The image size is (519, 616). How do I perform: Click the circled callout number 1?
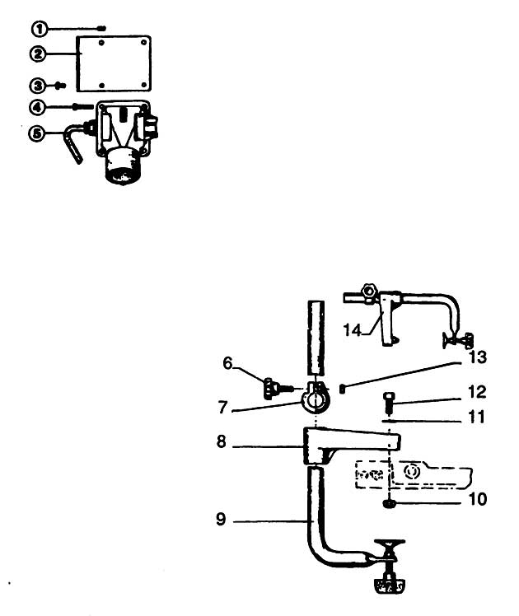[x=40, y=29]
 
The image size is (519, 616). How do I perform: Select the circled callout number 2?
[x=38, y=54]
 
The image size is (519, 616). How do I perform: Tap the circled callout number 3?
[x=38, y=86]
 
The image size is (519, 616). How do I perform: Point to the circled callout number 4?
[x=37, y=107]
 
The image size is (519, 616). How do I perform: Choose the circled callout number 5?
[x=36, y=133]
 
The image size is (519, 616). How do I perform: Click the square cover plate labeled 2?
[x=114, y=63]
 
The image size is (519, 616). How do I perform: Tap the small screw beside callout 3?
[x=60, y=85]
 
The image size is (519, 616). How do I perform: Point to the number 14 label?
[x=353, y=330]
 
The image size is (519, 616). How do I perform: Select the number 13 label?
[x=478, y=357]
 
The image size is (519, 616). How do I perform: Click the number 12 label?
[x=477, y=392]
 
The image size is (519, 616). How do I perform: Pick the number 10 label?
[x=478, y=499]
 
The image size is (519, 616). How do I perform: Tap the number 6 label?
[x=227, y=363]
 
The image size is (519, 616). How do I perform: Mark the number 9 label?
[x=222, y=519]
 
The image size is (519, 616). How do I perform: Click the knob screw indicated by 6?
[x=278, y=388]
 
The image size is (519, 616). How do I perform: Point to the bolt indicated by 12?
[x=387, y=402]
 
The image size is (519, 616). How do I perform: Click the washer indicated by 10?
[x=389, y=504]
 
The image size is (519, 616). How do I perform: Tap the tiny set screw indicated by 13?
[x=342, y=389]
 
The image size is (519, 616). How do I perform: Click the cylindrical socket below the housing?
[x=122, y=166]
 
